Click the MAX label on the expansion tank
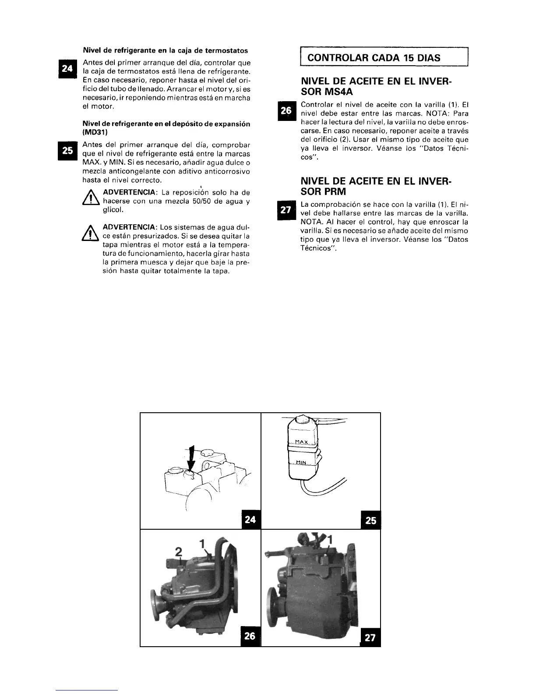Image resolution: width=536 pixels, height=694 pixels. pos(301,442)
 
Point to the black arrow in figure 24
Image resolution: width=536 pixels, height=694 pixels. pos(191,458)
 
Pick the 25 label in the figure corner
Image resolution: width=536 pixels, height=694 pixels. pos(370,520)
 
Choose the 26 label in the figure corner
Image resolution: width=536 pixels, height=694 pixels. pos(250,635)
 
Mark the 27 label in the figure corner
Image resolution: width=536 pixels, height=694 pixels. pos(370,637)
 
